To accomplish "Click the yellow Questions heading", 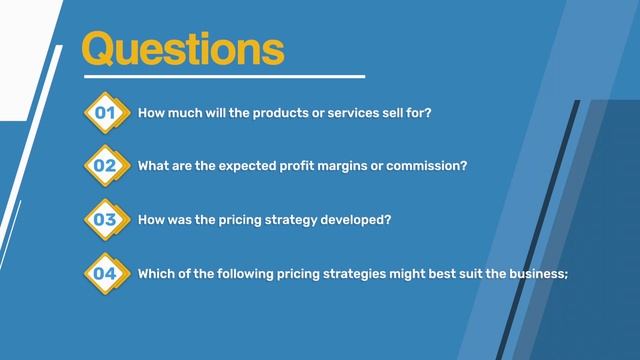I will click(x=182, y=47).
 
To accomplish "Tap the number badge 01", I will click(x=105, y=114).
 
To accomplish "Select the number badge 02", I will click(x=105, y=167).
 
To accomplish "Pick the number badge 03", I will click(x=105, y=219).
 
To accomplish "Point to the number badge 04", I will click(x=105, y=272).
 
